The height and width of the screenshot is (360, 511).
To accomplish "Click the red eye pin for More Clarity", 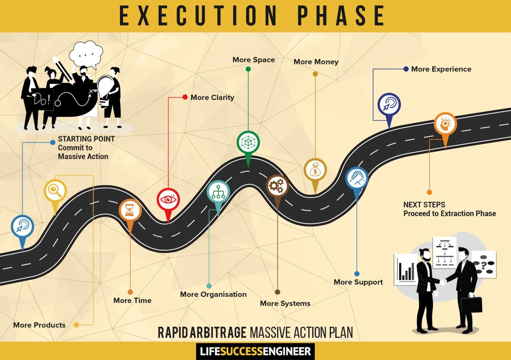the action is [x=168, y=200].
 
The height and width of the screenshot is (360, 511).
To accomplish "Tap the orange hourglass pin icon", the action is [x=130, y=210].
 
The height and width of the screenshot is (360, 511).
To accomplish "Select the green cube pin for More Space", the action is [x=248, y=142].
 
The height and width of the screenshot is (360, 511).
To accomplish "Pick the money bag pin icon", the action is [x=315, y=170].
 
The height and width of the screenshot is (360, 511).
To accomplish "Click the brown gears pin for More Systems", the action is [x=277, y=186].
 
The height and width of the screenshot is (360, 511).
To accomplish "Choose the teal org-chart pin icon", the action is [x=218, y=192].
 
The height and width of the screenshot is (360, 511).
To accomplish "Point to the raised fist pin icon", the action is [x=357, y=178].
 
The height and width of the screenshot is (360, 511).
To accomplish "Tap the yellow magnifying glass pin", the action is [x=55, y=190].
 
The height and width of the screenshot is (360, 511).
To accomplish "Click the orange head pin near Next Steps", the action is [x=445, y=124].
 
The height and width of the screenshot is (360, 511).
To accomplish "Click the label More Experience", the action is [x=441, y=69].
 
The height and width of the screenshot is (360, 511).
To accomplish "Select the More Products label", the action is [x=39, y=325].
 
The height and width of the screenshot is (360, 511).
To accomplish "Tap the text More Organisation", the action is [x=213, y=294].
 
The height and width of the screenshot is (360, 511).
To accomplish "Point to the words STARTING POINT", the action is [x=86, y=139].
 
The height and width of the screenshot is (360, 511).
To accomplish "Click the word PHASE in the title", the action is [x=341, y=16].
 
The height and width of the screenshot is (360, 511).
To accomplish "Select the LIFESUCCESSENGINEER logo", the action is [x=255, y=351].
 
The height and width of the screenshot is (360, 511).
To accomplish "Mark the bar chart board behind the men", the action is [x=405, y=269].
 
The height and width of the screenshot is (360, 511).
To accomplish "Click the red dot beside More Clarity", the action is [x=185, y=97].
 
